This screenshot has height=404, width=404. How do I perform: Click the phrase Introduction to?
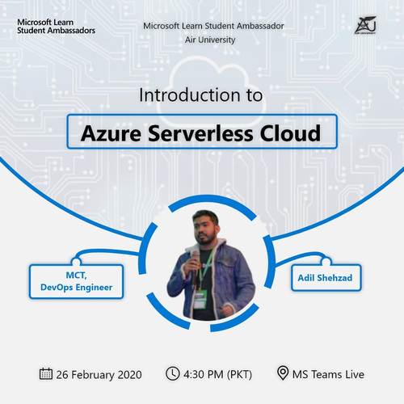pos(201,95)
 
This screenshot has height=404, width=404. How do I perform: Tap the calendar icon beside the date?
pos(46,373)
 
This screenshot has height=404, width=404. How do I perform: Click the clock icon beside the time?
pos(172,373)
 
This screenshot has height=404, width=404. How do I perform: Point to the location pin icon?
pos(283,373)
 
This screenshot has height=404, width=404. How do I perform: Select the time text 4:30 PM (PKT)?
pos(217,374)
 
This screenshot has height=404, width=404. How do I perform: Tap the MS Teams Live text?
pos(329,374)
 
